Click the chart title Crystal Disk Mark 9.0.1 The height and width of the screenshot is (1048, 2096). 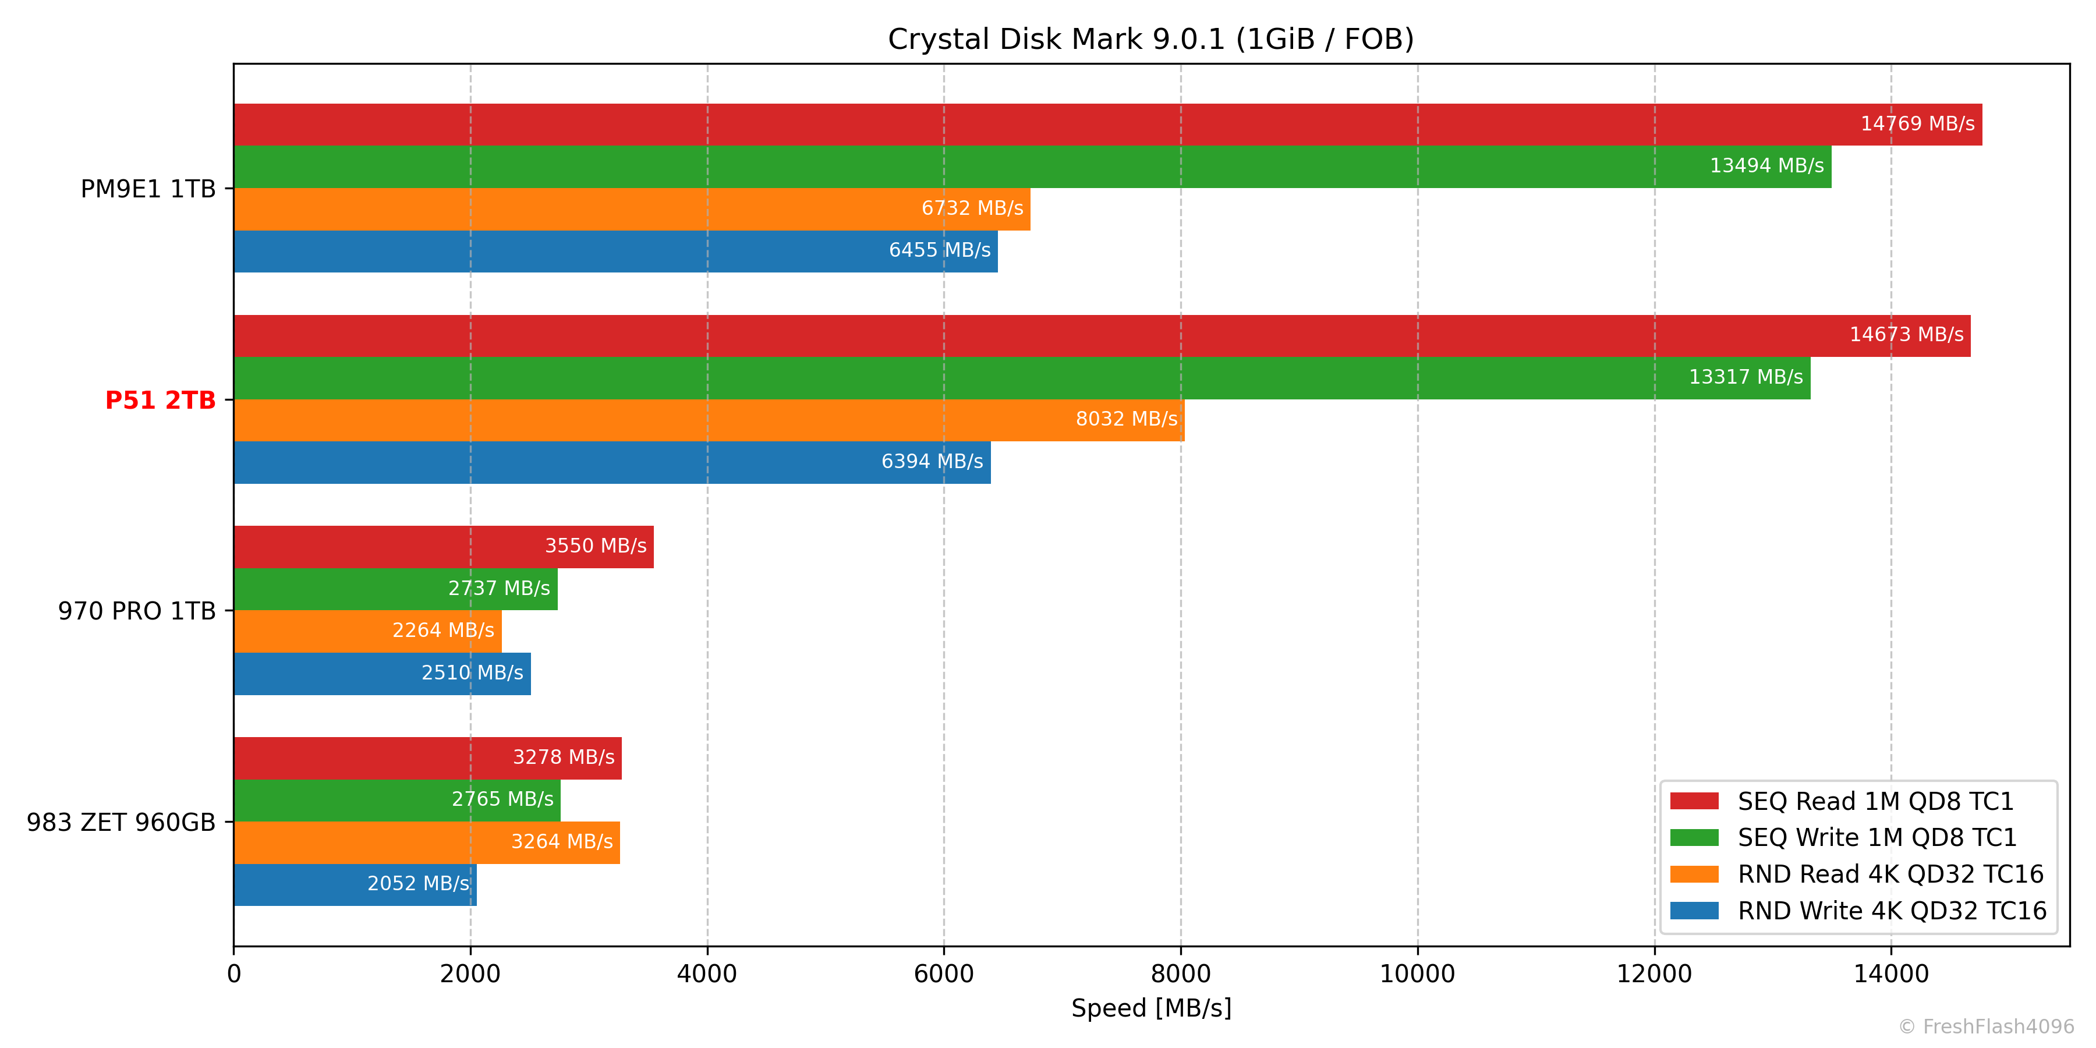point(1150,39)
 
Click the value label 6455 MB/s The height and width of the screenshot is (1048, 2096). point(939,250)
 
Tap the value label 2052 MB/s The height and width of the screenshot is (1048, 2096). point(417,884)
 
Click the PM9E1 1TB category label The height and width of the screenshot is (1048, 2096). point(148,189)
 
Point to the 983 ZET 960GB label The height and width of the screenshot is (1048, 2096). point(121,823)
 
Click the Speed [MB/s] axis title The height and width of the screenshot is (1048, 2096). point(1150,1008)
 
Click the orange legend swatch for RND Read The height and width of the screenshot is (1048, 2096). point(1694,874)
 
